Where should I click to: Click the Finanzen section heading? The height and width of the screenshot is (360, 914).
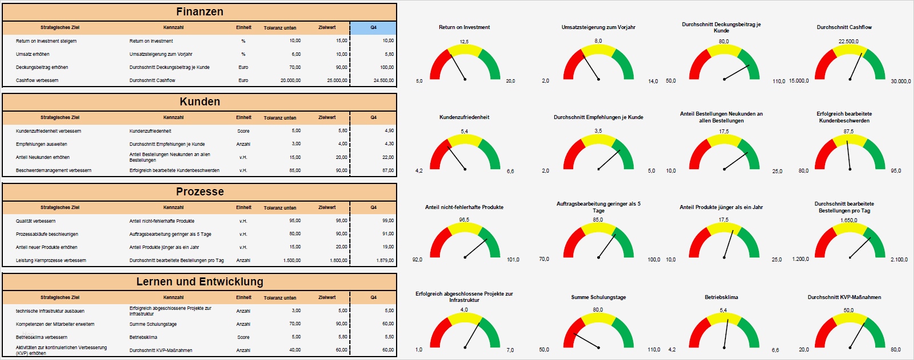pos(199,12)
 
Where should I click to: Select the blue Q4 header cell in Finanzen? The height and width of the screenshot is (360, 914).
pos(373,27)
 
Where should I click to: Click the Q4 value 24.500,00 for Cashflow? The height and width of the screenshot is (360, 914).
pos(383,80)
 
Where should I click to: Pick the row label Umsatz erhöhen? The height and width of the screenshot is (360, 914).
pos(32,54)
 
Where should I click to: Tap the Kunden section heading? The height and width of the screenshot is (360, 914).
pos(199,102)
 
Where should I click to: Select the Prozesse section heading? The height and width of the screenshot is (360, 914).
pos(199,192)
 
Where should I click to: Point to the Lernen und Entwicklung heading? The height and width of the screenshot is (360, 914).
pos(199,282)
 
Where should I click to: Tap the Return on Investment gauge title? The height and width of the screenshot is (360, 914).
pos(464,27)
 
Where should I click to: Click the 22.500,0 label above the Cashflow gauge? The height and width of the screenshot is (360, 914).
pos(848,42)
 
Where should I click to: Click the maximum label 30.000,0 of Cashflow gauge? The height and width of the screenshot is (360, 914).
pos(900,81)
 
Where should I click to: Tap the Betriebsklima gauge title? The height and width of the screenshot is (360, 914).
pos(721,297)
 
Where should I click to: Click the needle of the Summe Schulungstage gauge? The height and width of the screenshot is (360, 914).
pos(587,341)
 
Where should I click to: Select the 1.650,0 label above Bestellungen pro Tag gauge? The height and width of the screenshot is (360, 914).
pos(848,220)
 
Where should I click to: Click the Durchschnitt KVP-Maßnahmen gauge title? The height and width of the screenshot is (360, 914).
pos(844,297)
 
